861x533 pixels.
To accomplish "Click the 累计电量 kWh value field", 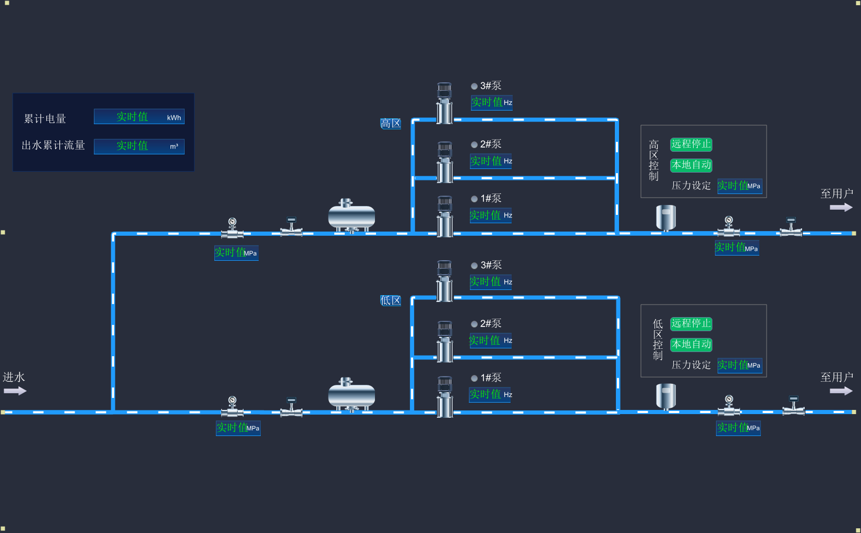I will [x=139, y=117].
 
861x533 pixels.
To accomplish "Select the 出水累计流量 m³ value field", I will [x=139, y=146].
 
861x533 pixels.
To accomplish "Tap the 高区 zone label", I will [x=391, y=124].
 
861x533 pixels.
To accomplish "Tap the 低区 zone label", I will [x=391, y=300].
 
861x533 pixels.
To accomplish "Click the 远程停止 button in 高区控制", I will [x=691, y=144].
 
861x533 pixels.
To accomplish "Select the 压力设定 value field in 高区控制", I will [x=739, y=186].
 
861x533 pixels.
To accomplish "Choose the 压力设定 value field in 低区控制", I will [x=739, y=365].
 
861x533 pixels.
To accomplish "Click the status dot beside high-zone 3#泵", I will [x=474, y=86].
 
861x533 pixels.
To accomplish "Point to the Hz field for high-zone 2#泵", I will [x=491, y=161].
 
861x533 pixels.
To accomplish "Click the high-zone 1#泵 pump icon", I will [x=445, y=216].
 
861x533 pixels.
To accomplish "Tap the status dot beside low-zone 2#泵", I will [x=474, y=324].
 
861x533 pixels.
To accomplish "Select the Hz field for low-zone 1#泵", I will [x=490, y=394].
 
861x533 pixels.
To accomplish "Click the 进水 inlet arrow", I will [x=15, y=391].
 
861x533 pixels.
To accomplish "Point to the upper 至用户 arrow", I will [x=841, y=208].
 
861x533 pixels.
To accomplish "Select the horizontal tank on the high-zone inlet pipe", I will [x=351, y=215].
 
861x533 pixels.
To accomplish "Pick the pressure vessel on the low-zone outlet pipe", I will [x=666, y=396].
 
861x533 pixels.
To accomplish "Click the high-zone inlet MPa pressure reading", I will [x=236, y=253].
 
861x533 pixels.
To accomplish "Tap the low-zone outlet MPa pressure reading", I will [x=738, y=428].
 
